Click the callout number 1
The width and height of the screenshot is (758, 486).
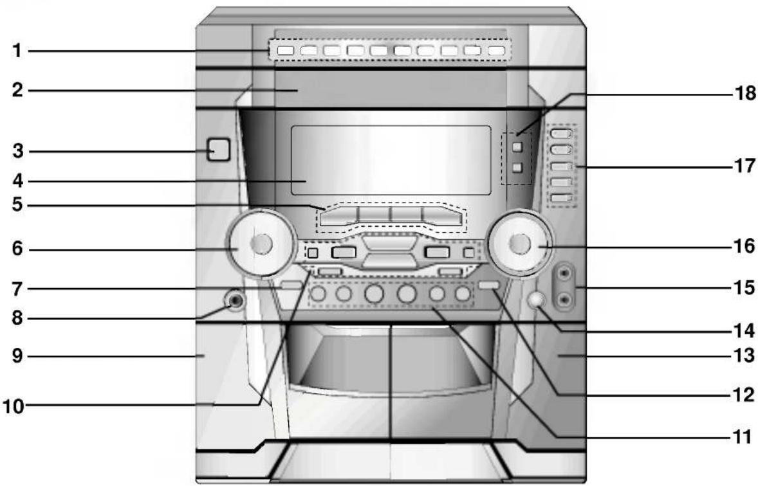tap(17, 50)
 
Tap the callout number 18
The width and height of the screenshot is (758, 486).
tap(745, 93)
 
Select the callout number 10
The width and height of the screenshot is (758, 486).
tap(14, 406)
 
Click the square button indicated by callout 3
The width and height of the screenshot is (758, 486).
tap(219, 150)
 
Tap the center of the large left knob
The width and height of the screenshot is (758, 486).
tap(261, 244)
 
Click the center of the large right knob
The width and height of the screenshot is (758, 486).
tap(520, 244)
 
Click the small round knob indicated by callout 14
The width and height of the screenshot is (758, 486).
tap(536, 300)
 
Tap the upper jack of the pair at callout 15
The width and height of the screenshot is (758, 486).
tap(564, 274)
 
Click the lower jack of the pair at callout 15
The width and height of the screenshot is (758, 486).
tap(564, 301)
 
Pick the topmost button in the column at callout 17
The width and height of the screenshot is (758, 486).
tap(562, 133)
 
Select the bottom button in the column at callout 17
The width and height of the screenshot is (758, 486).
tap(562, 197)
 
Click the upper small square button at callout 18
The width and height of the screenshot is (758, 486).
tap(517, 147)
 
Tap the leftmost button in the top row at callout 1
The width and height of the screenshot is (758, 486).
tap(286, 50)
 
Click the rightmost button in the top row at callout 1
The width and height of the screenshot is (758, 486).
tap(497, 50)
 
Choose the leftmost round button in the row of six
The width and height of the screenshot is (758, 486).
tap(318, 293)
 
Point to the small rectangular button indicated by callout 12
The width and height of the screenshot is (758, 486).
tap(488, 285)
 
